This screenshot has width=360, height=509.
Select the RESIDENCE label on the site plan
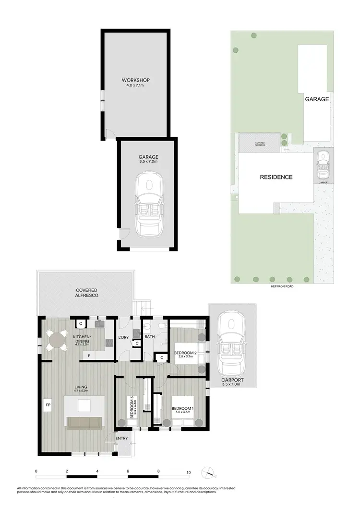click(276, 178)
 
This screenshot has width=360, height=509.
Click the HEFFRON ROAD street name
click(282, 286)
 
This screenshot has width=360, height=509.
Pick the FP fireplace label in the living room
click(48, 405)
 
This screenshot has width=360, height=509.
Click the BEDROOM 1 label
click(182, 409)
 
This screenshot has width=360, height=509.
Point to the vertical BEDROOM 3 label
click(132, 407)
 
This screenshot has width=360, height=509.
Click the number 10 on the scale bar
click(189, 472)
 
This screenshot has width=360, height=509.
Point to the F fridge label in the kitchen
click(89, 355)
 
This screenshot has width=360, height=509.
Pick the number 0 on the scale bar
click(36, 472)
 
